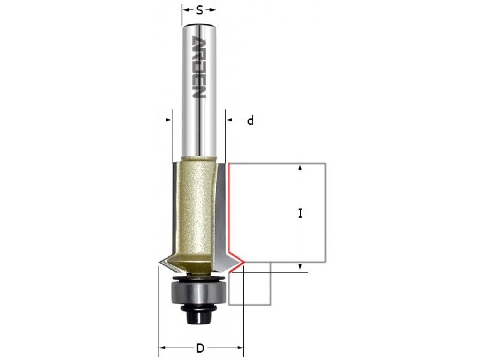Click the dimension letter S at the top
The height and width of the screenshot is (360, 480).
point(200,11)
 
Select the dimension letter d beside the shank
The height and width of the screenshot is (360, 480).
point(251,120)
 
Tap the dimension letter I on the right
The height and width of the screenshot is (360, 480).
point(300,214)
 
